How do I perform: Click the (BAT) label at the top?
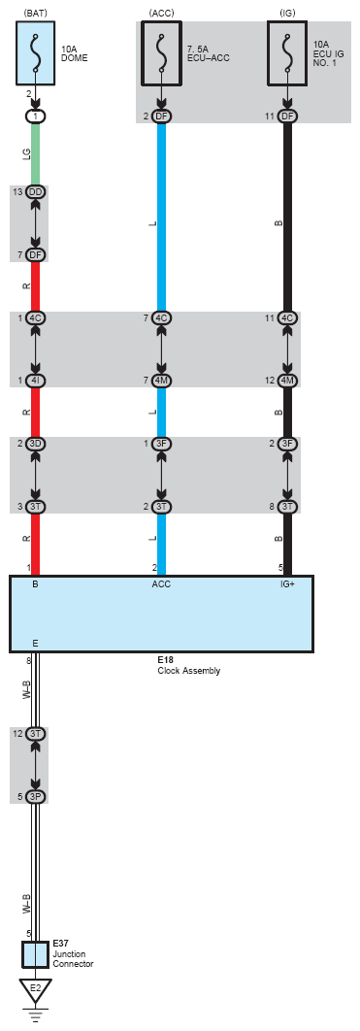point(35,12)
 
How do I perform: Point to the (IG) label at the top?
point(286,12)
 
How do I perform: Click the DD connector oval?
point(36,192)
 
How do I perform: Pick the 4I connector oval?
point(36,381)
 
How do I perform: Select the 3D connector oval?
point(36,444)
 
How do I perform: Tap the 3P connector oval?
point(36,796)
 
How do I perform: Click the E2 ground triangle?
point(35,989)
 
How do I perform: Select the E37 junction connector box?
point(35,954)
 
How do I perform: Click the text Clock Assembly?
point(188,671)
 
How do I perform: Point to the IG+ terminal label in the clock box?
point(287,586)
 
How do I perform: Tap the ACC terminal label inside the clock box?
point(161,586)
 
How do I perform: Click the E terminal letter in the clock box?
point(36,643)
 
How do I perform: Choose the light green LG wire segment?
point(36,152)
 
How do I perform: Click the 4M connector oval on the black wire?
point(287,381)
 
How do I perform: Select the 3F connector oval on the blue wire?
point(161,444)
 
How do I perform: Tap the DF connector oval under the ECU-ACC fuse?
point(161,116)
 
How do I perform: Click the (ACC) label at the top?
point(161,12)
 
